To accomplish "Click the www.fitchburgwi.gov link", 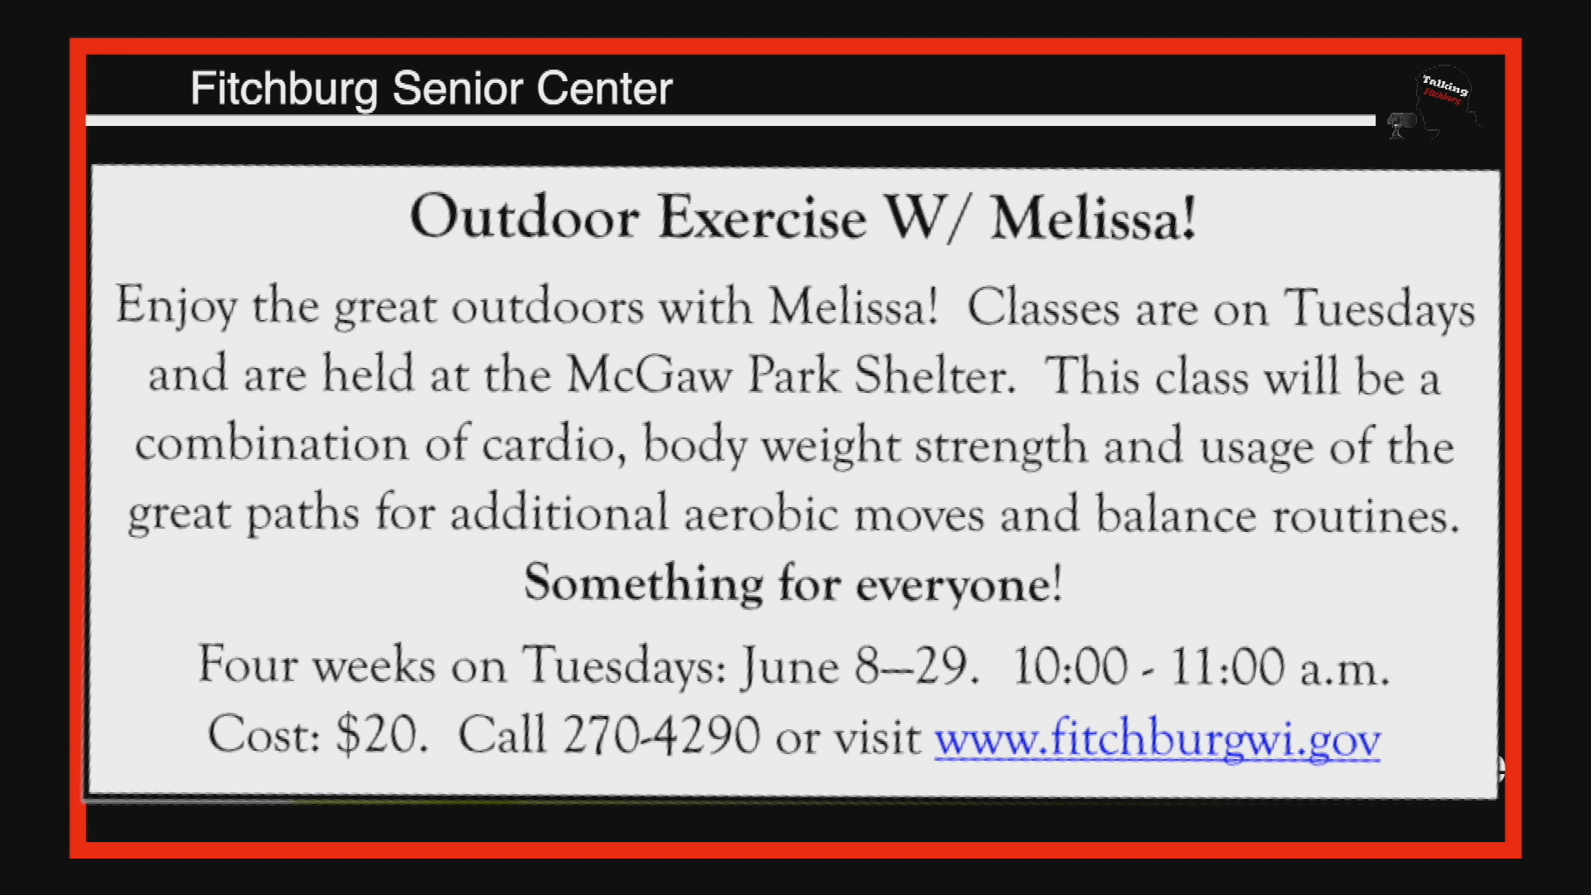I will (1157, 737).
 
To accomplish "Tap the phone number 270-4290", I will (660, 734).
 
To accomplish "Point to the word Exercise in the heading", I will (762, 217).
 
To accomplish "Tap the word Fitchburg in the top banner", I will (283, 89).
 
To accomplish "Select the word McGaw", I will (649, 375).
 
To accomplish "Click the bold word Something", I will (643, 583).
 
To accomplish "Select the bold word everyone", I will (953, 584).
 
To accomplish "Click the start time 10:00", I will (1070, 665).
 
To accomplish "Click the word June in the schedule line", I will (789, 665).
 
